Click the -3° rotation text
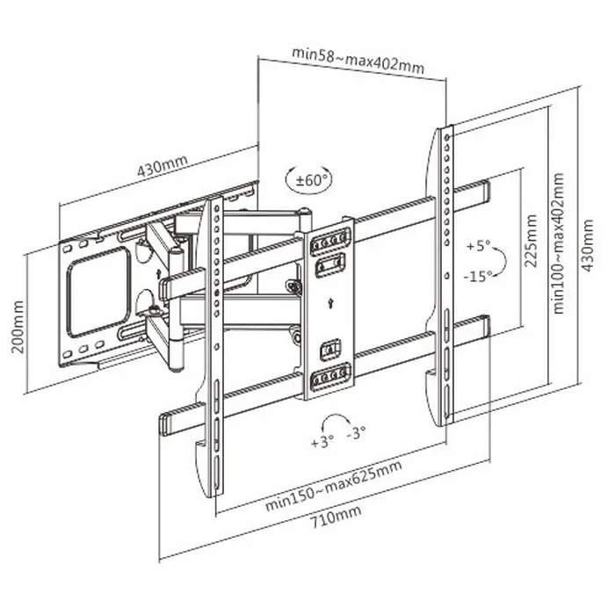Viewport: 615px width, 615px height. coord(357,433)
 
